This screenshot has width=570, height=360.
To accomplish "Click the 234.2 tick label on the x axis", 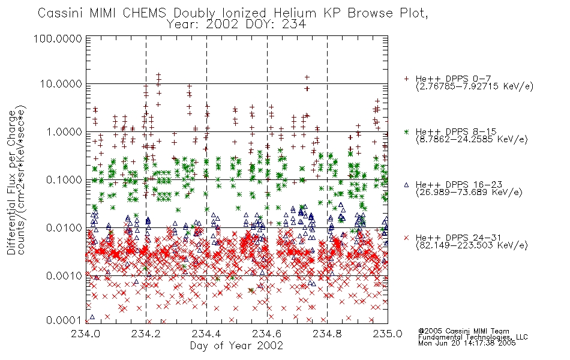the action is pos(146,334).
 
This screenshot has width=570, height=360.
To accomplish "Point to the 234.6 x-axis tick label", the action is pos(267,334).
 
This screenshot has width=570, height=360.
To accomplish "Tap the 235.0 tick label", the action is pos(388,334).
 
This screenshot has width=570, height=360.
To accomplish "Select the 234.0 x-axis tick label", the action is pos(86,334).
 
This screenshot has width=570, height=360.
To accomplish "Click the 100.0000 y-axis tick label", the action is pos(58,38).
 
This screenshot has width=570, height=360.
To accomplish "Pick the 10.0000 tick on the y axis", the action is pos(61,84).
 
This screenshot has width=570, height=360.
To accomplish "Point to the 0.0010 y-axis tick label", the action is pos(64,276).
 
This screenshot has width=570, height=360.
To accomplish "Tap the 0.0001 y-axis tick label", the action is pos(64,320).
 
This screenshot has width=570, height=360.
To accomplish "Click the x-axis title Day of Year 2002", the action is pos(236,346).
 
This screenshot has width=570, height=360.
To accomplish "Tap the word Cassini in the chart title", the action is pos(61,13).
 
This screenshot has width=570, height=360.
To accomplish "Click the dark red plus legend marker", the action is pos(406,79).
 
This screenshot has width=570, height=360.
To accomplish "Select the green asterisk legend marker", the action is pos(406,131).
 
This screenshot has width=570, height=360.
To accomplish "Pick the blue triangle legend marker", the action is pos(406,185).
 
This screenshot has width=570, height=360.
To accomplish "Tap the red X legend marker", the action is pos(406,238).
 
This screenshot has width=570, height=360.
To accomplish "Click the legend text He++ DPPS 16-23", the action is pos(456,185).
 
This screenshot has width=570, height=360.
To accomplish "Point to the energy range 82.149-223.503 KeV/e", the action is pos(472,245).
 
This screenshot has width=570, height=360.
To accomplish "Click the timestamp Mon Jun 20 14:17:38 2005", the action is pos(467,343).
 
